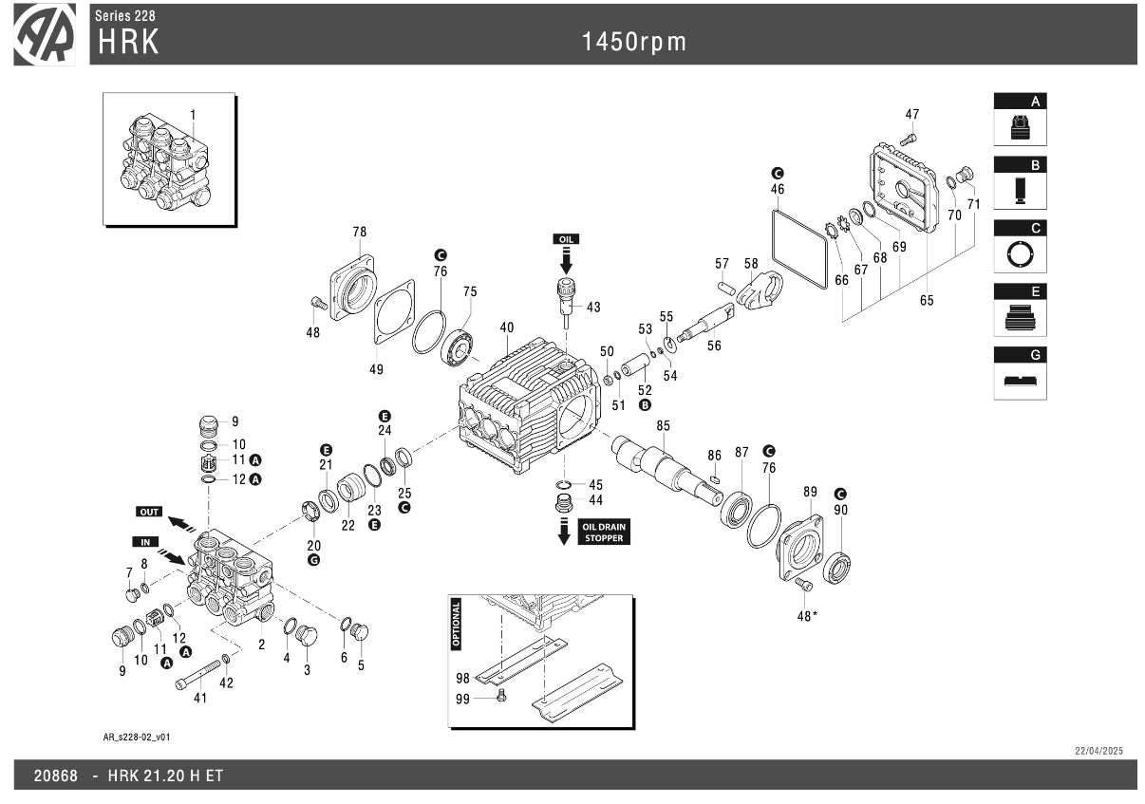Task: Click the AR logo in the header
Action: [45, 35]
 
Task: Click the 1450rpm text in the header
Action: [634, 41]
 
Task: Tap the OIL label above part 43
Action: [567, 239]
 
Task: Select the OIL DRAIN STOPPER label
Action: [604, 532]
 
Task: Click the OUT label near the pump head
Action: [149, 512]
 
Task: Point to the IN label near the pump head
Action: [146, 541]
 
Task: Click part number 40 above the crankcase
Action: [507, 327]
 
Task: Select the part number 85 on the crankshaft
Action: [663, 426]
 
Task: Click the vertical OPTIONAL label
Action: [456, 623]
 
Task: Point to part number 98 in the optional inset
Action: [462, 678]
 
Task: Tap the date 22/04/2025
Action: [1098, 751]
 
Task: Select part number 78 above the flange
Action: [359, 232]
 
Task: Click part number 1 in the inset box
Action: [193, 115]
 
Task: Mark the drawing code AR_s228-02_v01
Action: [137, 737]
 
